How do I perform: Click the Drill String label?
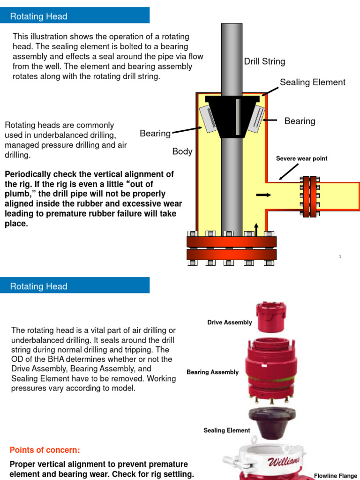(x=264, y=61)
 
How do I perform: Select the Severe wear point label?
(x=301, y=158)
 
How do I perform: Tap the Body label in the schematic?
(x=182, y=151)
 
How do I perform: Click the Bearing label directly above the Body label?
(x=155, y=134)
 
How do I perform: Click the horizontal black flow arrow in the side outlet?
(x=264, y=195)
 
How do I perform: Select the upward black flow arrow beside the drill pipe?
(x=256, y=229)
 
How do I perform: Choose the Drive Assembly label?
(x=230, y=322)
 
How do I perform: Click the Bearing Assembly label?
(x=212, y=372)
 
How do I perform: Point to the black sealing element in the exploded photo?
(x=265, y=422)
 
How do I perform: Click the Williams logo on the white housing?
(x=284, y=463)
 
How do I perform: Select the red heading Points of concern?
(x=45, y=450)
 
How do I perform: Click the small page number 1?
(x=339, y=257)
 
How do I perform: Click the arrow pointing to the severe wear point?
(x=285, y=174)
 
